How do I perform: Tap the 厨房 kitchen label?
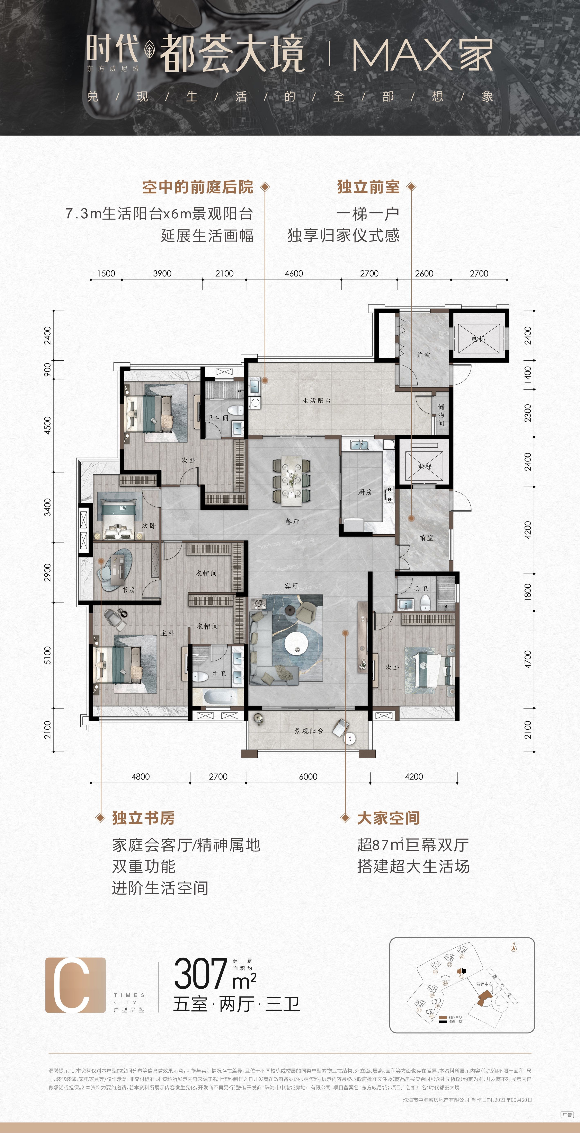click(x=365, y=492)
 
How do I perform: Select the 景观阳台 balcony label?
click(x=309, y=731)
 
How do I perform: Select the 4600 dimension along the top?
click(x=294, y=274)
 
